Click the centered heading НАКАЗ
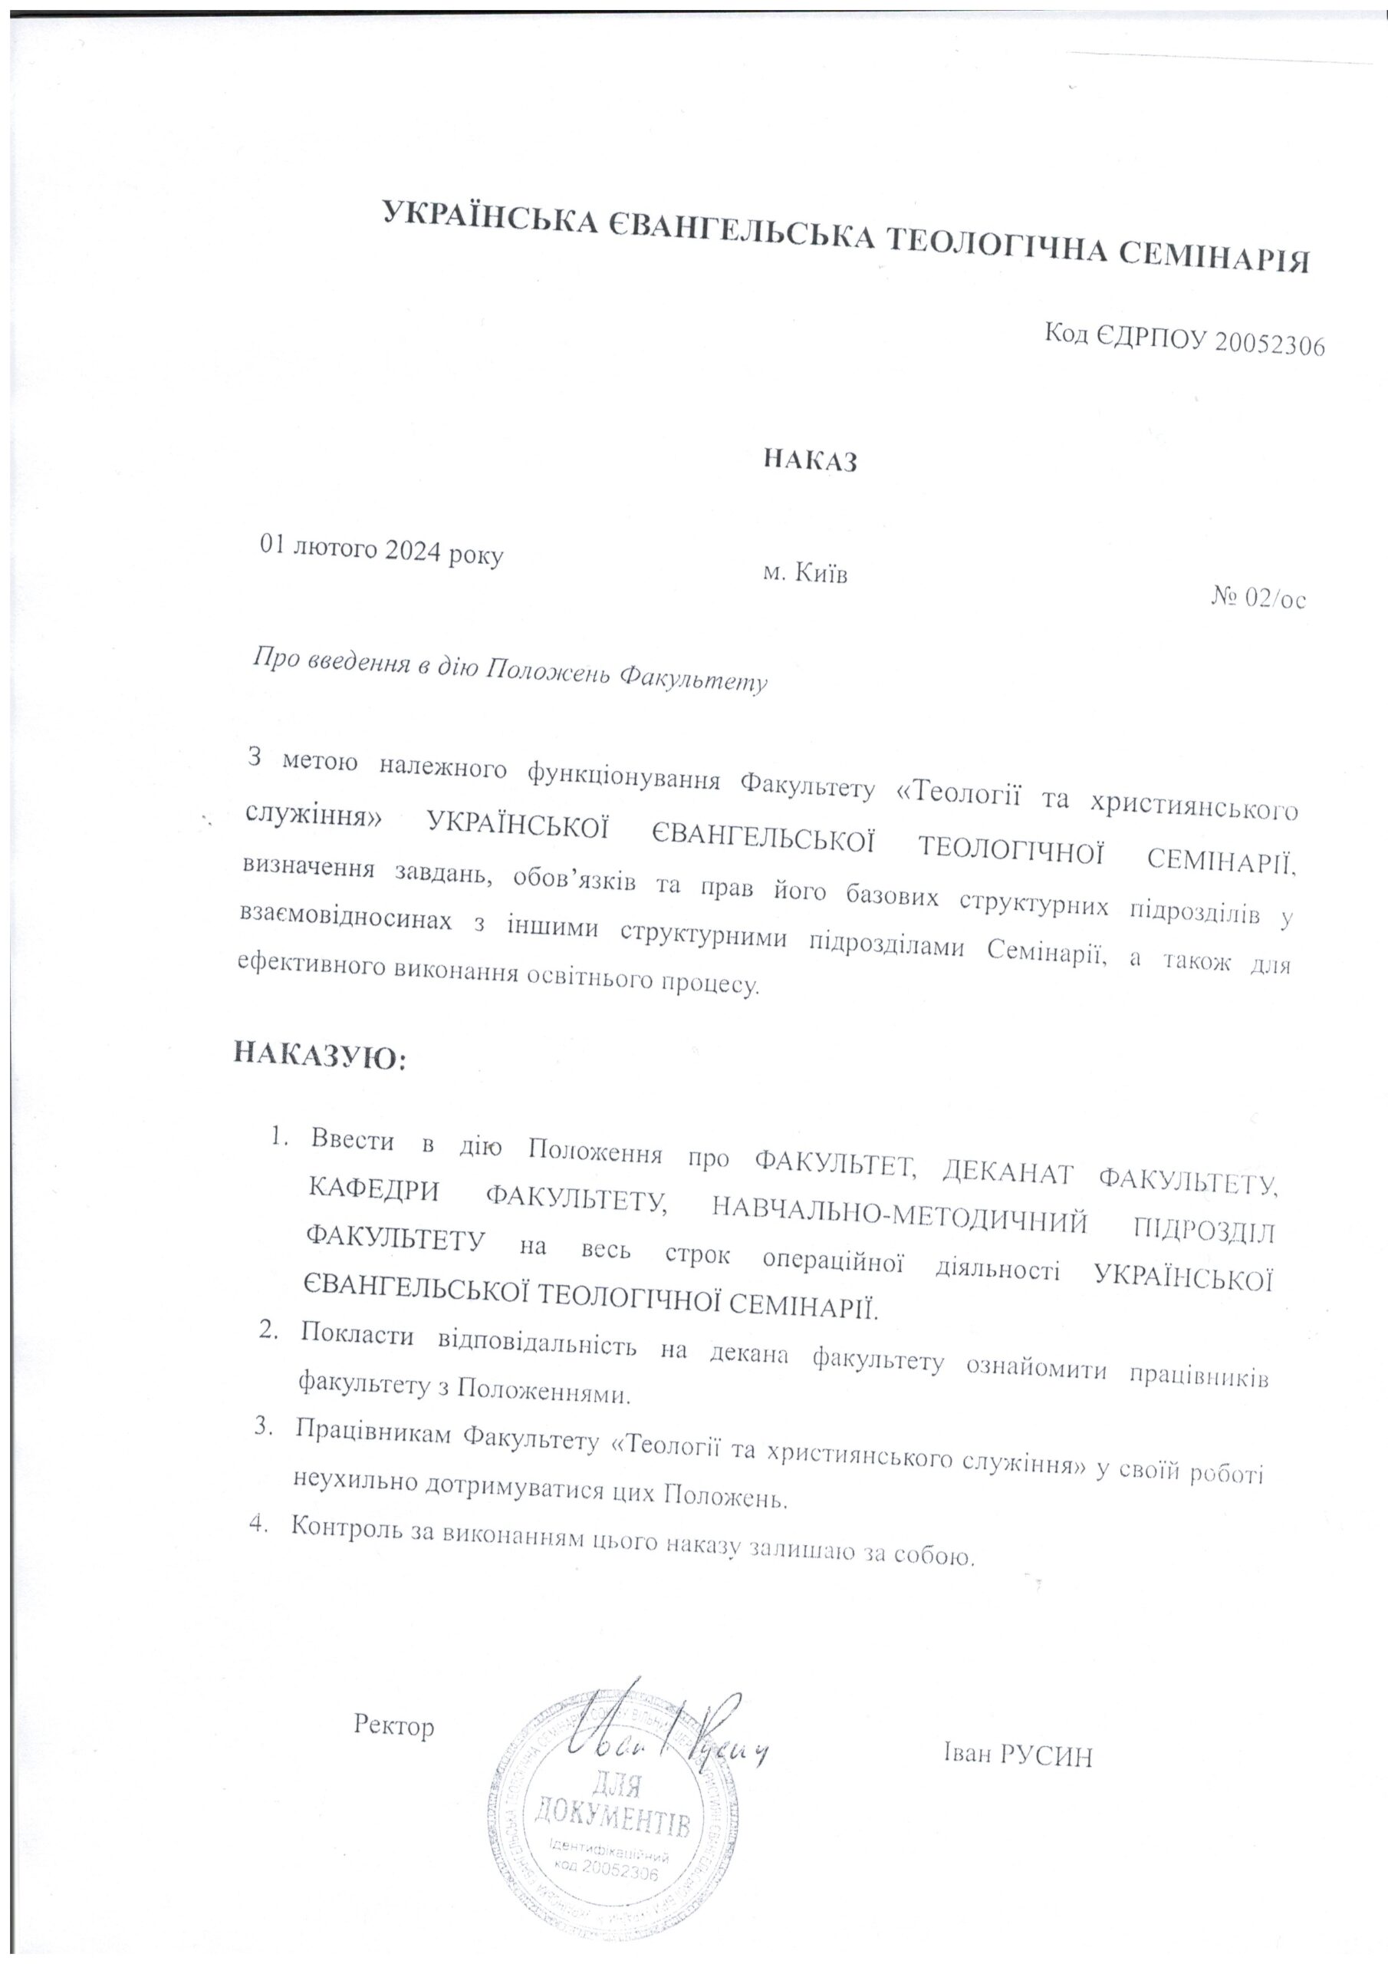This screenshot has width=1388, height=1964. (x=809, y=461)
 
